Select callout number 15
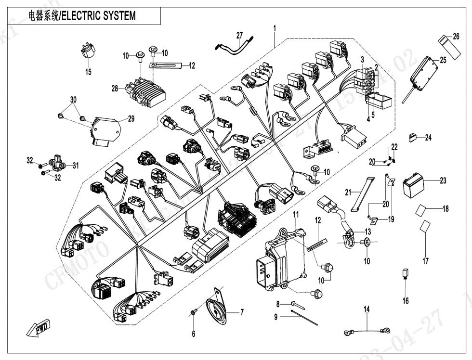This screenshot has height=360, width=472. click(89, 72)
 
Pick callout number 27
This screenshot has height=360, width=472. click(240, 35)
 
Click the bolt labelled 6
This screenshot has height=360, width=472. click(194, 313)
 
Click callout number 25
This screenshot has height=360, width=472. click(443, 60)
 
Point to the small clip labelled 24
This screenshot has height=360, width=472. click(413, 137)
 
